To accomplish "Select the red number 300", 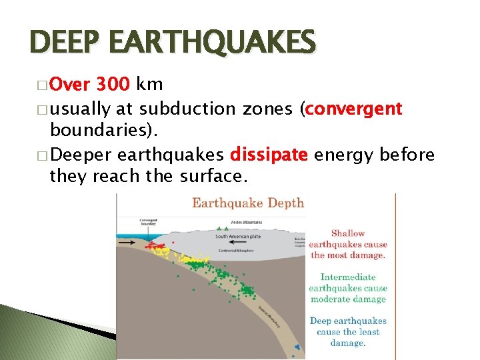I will [113, 85].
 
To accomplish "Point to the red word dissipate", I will [269, 155].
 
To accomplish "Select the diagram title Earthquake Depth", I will [247, 203].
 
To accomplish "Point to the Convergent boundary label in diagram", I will [149, 223].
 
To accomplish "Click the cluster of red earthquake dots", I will [156, 247].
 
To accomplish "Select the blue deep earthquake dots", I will [297, 347].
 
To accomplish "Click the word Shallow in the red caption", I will [348, 233].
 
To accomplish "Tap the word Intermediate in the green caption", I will [348, 277].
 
